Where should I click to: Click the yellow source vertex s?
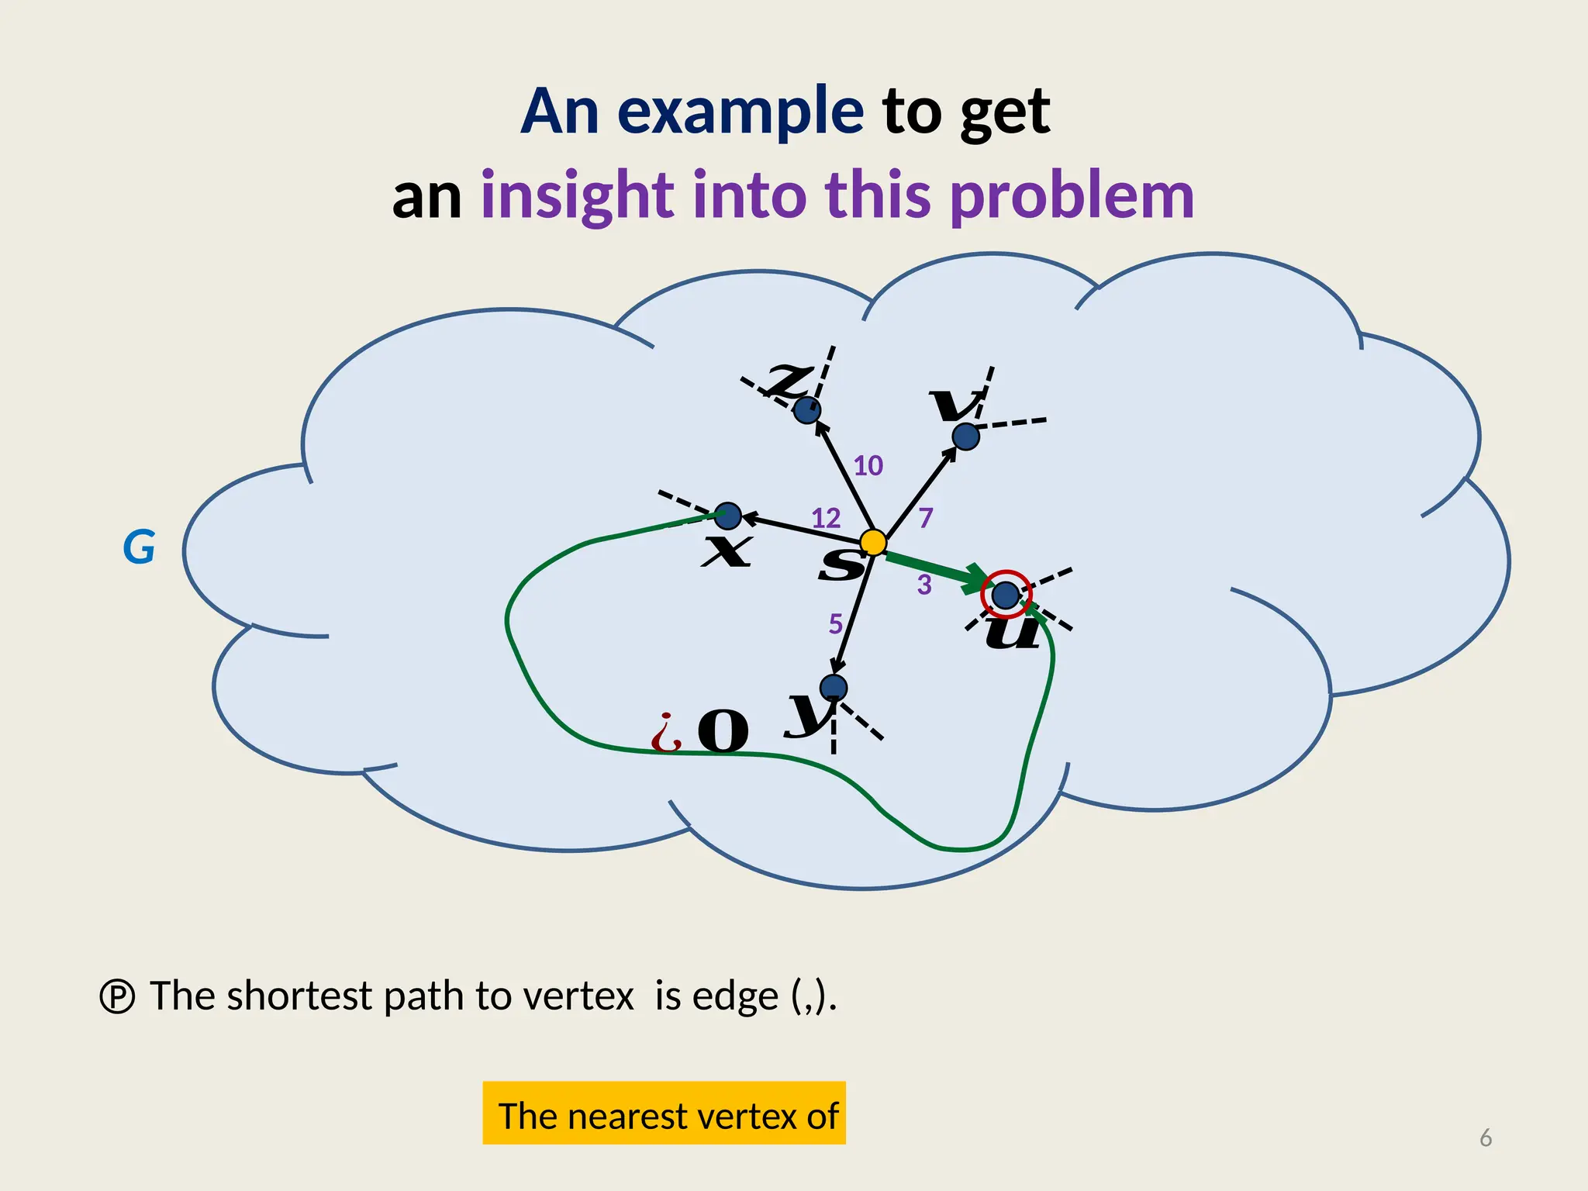click(873, 542)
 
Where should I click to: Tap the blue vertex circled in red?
click(1006, 595)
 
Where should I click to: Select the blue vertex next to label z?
click(807, 409)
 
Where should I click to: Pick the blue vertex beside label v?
click(965, 437)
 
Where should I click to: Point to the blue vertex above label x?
click(727, 516)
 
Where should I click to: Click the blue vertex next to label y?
click(834, 688)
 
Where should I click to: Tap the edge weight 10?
click(868, 466)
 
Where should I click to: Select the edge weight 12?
click(825, 518)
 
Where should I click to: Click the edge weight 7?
click(925, 518)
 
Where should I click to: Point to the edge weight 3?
click(923, 585)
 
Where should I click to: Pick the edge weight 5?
click(835, 623)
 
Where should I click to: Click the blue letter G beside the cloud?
click(139, 547)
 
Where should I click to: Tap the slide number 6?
click(1486, 1137)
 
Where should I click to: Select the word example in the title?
click(740, 111)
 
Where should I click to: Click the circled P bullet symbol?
click(118, 996)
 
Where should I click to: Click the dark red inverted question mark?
click(666, 733)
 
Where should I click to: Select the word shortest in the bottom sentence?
click(299, 996)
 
